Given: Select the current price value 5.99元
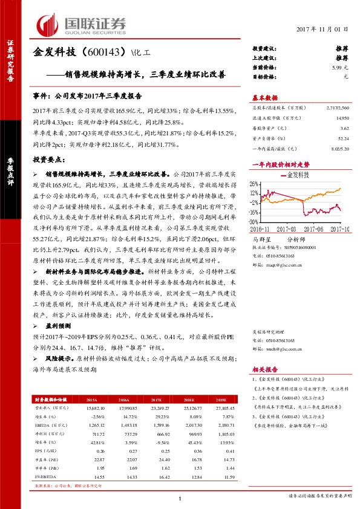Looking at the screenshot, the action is click(341, 68).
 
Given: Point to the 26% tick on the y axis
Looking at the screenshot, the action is click(254, 183).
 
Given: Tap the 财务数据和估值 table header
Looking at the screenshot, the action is click(51, 400).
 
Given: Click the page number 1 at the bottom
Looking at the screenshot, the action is click(180, 498).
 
